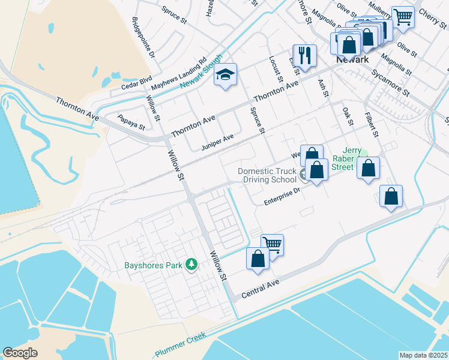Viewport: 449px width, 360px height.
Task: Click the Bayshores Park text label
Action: pyautogui.click(x=154, y=265)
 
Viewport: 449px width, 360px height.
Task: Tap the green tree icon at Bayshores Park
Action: pyautogui.click(x=191, y=264)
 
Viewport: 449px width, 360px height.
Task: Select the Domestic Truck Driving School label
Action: pyautogui.click(x=268, y=175)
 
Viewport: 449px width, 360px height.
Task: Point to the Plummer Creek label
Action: pyautogui.click(x=180, y=344)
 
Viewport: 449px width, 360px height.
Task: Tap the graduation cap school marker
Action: pyautogui.click(x=226, y=75)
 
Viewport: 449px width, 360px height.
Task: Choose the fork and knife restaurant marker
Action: pyautogui.click(x=304, y=56)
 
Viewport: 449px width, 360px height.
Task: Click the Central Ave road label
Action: pyautogui.click(x=261, y=290)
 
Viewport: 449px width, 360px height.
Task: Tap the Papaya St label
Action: pyautogui.click(x=131, y=122)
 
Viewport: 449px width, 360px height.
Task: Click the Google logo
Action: pyautogui.click(x=20, y=353)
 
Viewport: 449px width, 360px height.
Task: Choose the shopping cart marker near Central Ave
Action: pyautogui.click(x=273, y=245)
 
